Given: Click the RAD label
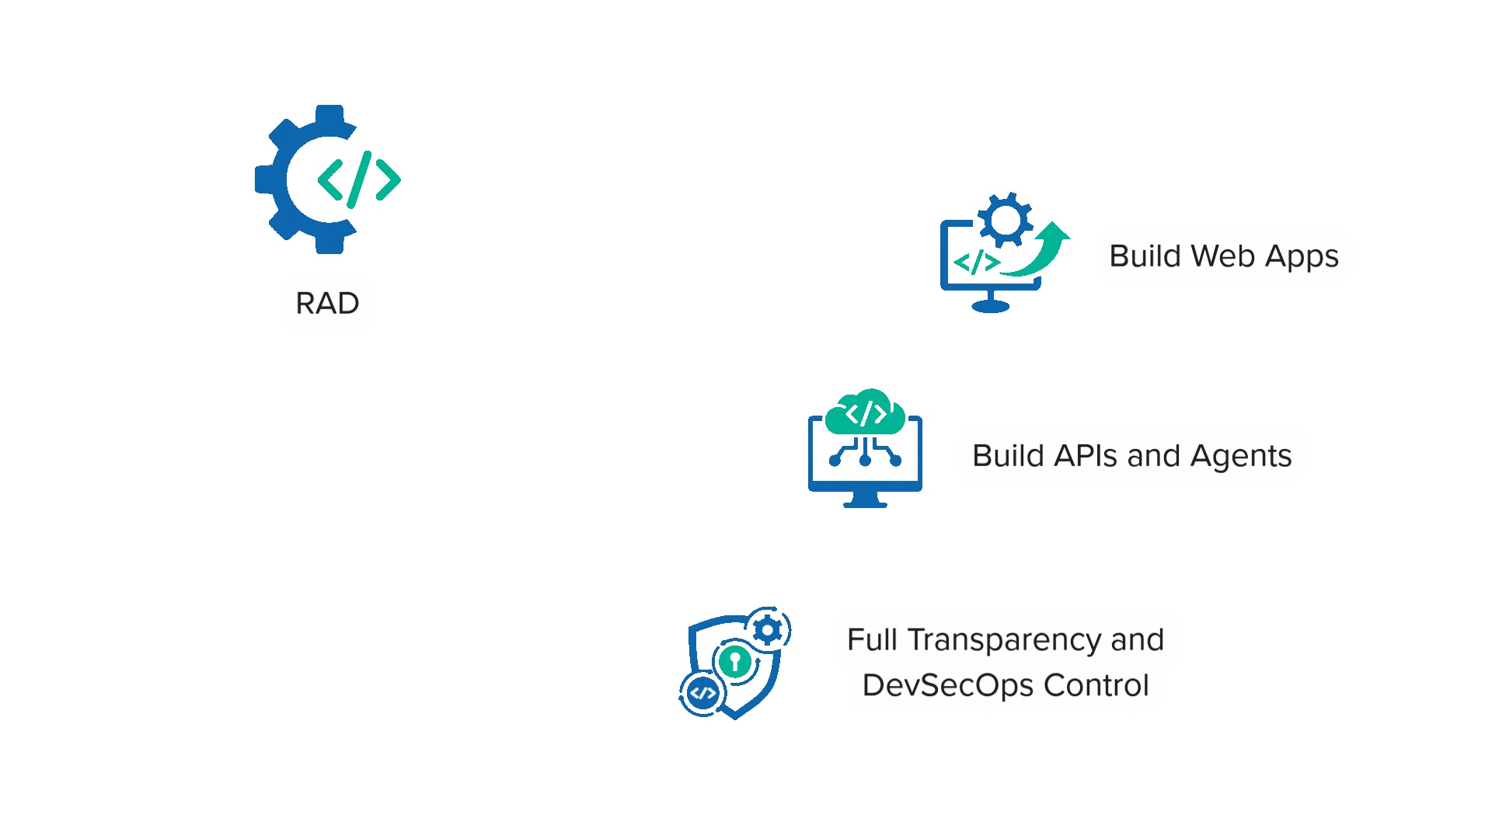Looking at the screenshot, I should (327, 303).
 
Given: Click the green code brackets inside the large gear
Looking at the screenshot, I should (359, 180).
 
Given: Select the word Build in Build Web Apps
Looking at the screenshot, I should (1145, 256).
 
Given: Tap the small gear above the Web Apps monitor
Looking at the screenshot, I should (1006, 220).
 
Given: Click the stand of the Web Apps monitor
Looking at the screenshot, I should (991, 302).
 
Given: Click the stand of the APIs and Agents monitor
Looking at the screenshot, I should (865, 499).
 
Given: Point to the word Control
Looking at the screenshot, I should (1096, 685).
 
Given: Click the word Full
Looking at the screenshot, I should (873, 639).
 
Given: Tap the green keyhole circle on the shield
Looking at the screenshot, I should (735, 662).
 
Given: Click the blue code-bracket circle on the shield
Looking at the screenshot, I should (703, 693).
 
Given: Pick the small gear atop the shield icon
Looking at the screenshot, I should (768, 630).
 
